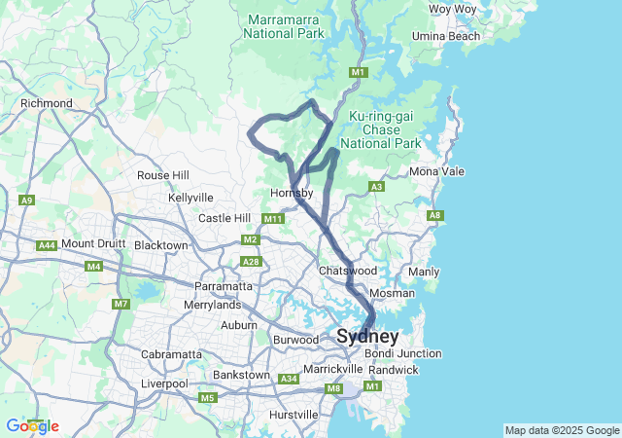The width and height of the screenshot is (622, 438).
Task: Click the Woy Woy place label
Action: click(x=453, y=9)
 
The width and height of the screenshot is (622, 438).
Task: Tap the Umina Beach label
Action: click(x=447, y=36)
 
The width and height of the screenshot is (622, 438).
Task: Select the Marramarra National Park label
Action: click(x=285, y=25)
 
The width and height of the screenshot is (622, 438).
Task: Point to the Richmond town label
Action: click(x=46, y=103)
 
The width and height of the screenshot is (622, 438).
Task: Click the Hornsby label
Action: click(x=291, y=193)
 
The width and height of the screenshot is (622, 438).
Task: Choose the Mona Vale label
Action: click(x=436, y=171)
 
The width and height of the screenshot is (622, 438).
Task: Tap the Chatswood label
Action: click(x=347, y=270)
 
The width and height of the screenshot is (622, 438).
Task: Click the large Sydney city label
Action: click(x=367, y=337)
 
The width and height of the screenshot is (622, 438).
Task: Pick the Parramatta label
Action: click(x=224, y=286)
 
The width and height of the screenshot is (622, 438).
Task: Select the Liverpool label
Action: click(x=163, y=383)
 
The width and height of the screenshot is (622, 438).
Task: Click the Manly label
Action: click(x=425, y=272)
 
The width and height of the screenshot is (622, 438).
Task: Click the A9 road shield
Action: click(x=26, y=201)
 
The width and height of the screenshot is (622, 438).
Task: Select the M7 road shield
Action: click(x=121, y=305)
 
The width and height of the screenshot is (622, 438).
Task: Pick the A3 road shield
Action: click(x=376, y=187)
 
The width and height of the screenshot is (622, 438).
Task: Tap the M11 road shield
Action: click(x=274, y=219)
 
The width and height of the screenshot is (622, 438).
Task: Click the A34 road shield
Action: click(x=289, y=379)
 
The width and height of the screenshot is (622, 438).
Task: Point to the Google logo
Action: click(x=32, y=425)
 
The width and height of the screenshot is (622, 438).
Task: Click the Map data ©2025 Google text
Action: click(x=562, y=430)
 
